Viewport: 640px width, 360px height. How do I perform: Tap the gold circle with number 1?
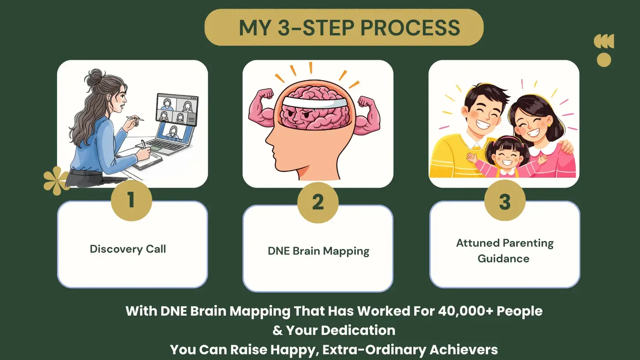click(131, 200)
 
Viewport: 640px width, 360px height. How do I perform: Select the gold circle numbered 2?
click(318, 202)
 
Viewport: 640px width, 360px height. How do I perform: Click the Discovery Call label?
click(128, 249)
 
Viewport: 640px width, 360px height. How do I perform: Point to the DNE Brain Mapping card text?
click(318, 251)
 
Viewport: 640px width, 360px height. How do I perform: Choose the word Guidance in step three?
click(503, 259)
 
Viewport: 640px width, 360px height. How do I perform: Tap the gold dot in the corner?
click(604, 60)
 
